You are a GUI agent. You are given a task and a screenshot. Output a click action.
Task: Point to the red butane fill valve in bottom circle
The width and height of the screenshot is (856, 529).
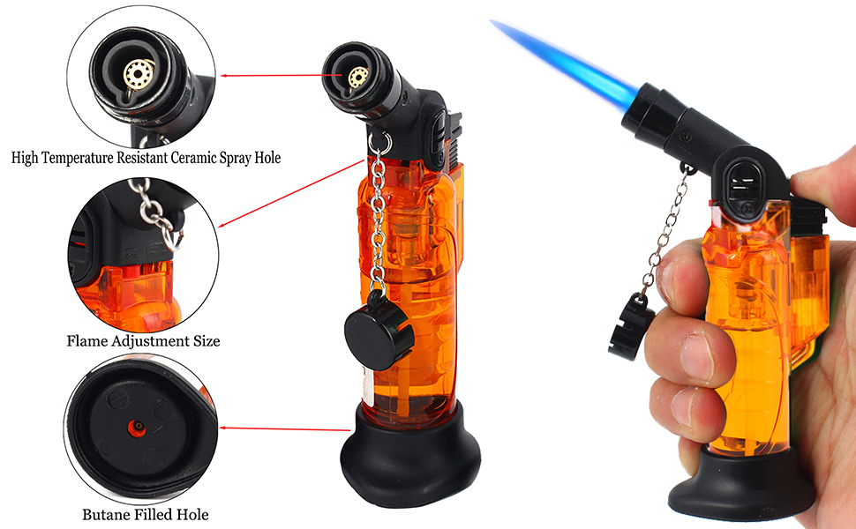click(137, 428)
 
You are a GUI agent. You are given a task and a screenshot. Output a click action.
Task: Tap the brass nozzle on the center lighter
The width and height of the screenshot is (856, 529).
click(357, 78)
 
